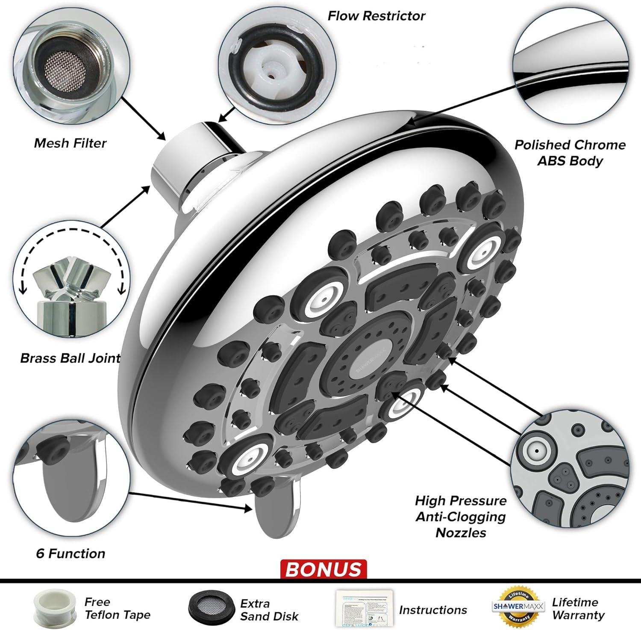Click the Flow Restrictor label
(x=376, y=16)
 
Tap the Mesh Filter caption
(x=70, y=143)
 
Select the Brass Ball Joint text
(x=71, y=358)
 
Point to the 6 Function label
(x=71, y=553)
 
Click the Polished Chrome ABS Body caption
(x=570, y=153)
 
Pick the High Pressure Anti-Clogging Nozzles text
(x=461, y=516)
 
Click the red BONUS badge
(x=323, y=569)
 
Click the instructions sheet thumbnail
(x=365, y=609)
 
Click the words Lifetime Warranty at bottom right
(x=578, y=609)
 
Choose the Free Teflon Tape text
(x=117, y=609)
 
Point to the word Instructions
(x=432, y=610)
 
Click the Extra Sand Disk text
(x=269, y=610)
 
